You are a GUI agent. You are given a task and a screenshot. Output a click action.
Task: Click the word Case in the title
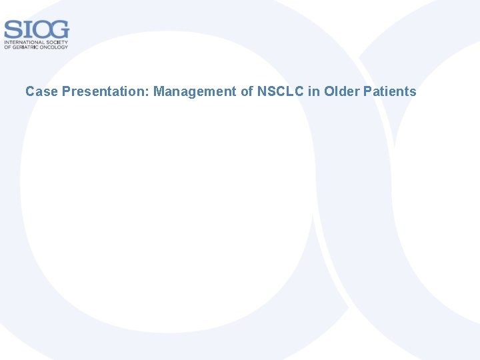coord(41,91)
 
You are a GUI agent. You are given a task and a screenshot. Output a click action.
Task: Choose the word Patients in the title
coord(390,91)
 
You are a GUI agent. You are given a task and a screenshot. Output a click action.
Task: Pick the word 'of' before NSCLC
coord(248,91)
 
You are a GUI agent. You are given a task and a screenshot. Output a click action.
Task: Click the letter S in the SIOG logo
coord(11,30)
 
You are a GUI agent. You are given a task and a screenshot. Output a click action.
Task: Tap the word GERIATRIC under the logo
coord(26,47)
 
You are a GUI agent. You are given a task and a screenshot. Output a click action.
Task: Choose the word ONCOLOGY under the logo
coord(55,47)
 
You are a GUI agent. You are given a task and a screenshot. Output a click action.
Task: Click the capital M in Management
coord(159,91)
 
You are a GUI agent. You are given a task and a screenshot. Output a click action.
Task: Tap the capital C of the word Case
coord(30,91)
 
